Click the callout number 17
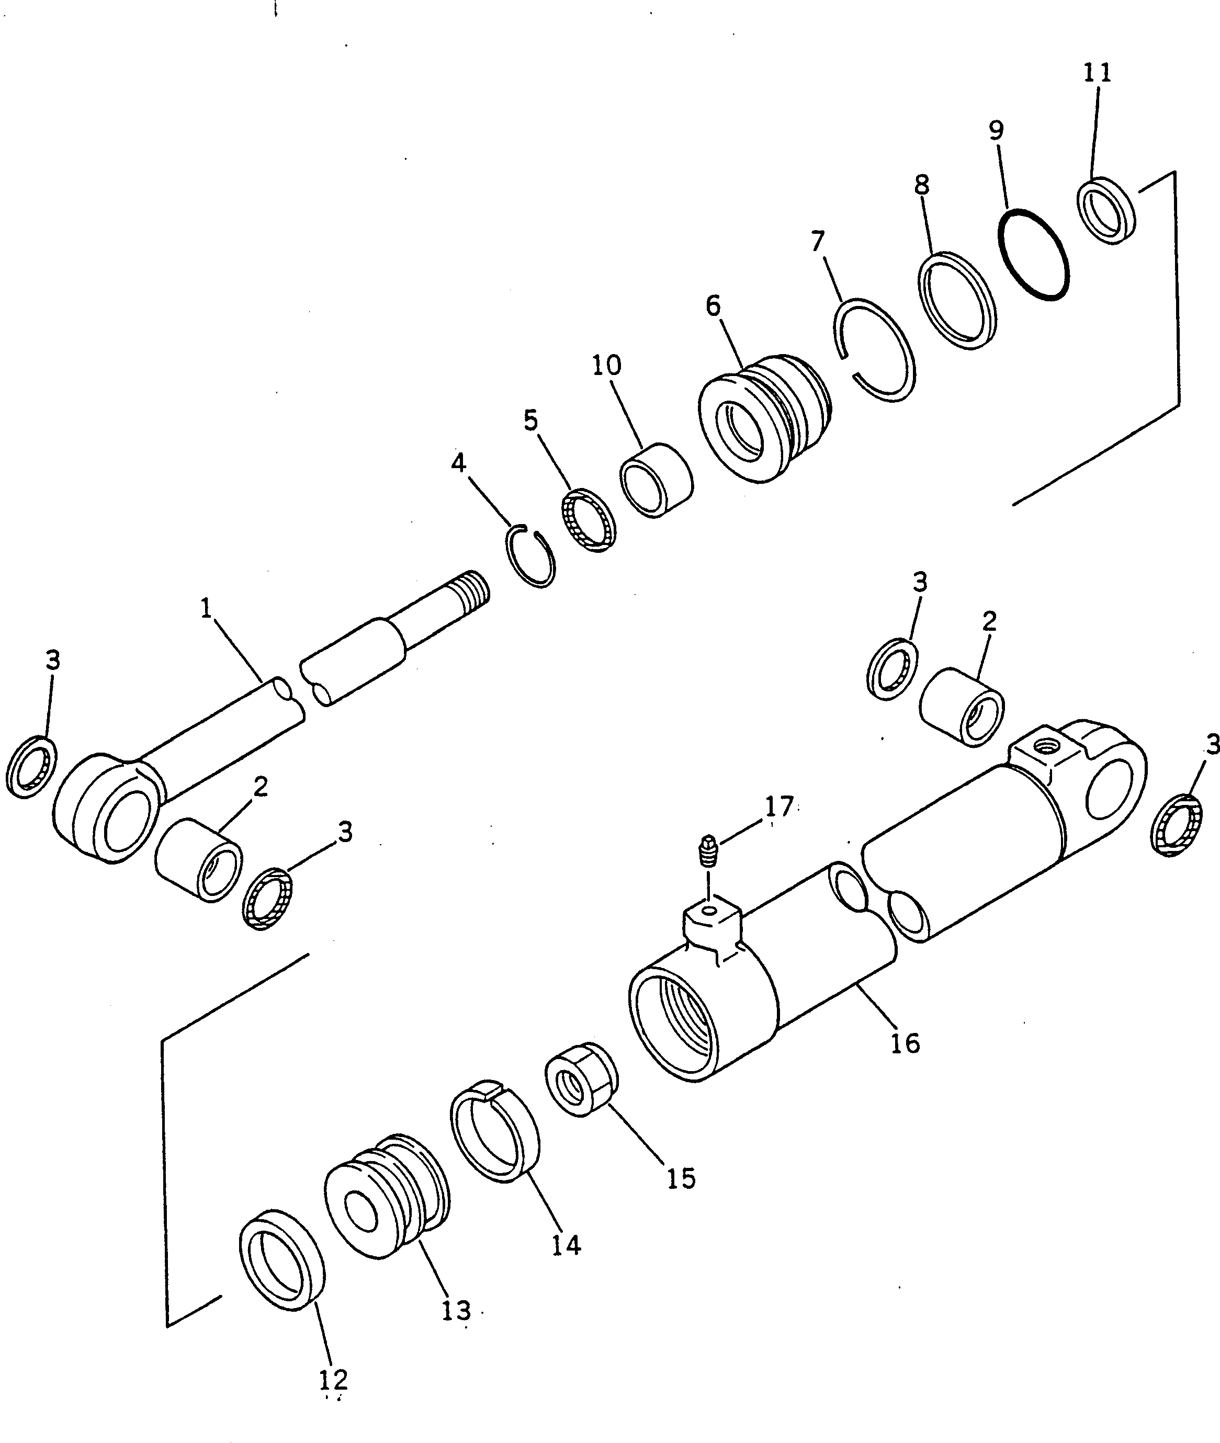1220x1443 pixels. (779, 806)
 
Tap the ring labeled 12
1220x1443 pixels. (282, 1263)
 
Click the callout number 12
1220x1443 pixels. (333, 1379)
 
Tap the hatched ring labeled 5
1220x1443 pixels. (588, 519)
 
